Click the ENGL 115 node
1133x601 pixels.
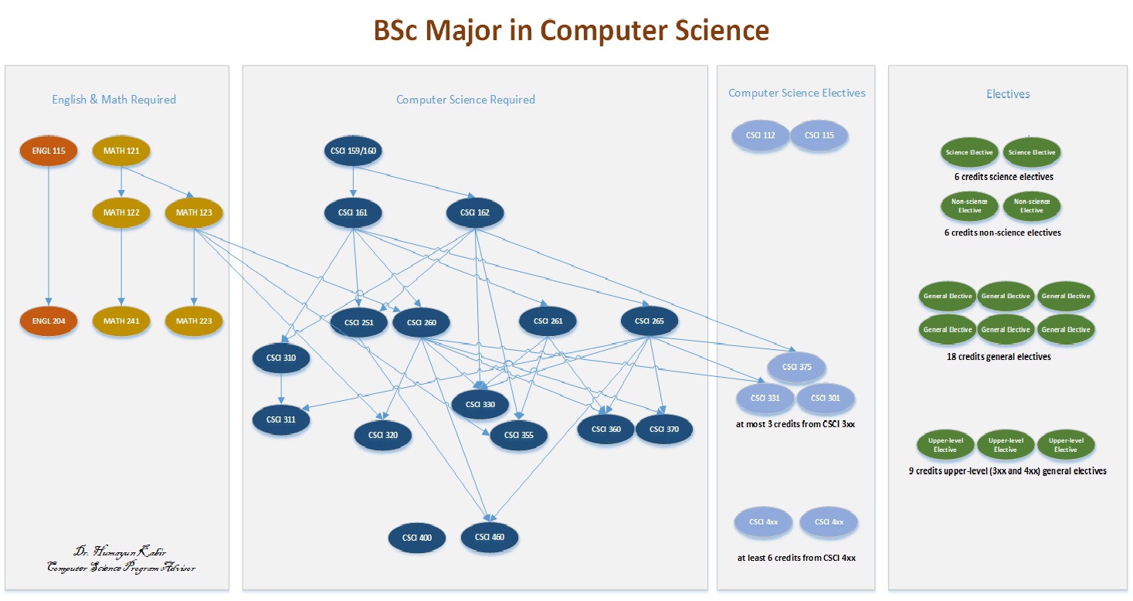coord(49,151)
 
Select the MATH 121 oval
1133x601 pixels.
coord(121,151)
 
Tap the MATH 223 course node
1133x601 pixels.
coord(194,321)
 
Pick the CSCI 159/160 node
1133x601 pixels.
coord(353,151)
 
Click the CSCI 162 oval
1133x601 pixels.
coord(475,212)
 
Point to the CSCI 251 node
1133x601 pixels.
coord(358,322)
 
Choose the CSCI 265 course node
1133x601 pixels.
coord(650,321)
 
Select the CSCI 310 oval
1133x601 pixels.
coord(280,358)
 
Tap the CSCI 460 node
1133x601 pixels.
coord(490,537)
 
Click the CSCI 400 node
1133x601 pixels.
coord(416,537)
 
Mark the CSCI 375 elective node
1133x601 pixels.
coord(796,367)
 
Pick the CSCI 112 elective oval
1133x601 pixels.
coord(761,135)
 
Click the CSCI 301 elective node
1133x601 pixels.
coord(825,399)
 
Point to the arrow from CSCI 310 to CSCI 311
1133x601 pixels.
coord(280,389)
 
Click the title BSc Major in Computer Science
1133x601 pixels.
coord(571,30)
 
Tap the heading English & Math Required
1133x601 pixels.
coord(114,100)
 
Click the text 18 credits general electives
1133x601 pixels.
coord(999,357)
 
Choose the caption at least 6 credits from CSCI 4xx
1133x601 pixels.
coord(795,558)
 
